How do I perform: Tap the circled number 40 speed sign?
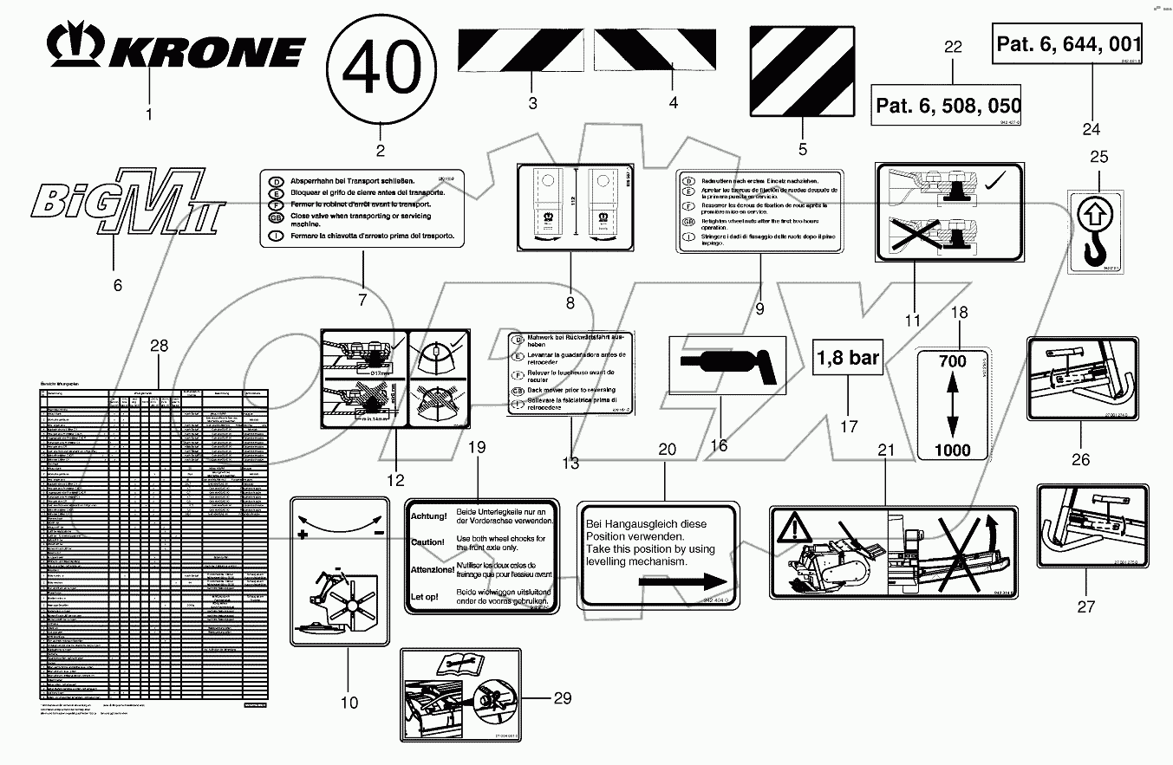coord(381,68)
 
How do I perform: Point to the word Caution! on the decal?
coord(429,542)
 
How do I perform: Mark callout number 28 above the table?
coord(158,346)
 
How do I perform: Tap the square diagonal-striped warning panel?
coord(802,70)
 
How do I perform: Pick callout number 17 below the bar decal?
coord(849,426)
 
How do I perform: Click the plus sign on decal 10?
coord(303,535)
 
